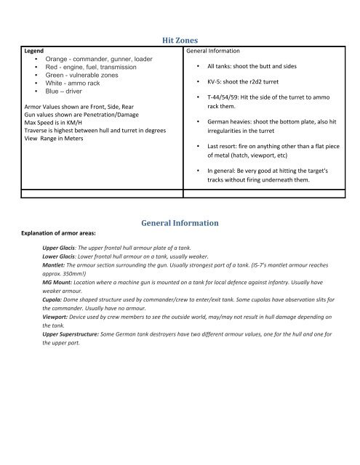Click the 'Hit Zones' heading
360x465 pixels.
click(x=180, y=42)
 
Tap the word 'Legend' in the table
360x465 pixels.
click(x=36, y=52)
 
